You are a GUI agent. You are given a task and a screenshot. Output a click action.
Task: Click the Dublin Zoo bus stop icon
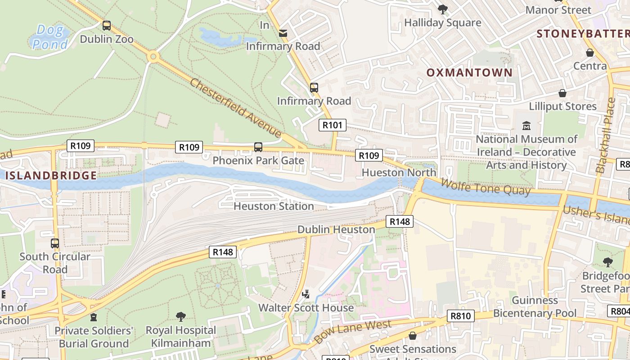pyautogui.click(x=107, y=25)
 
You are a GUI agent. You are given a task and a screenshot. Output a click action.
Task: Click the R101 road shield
pyautogui.click(x=333, y=125)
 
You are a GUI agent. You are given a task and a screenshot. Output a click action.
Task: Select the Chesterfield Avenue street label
pyautogui.click(x=235, y=108)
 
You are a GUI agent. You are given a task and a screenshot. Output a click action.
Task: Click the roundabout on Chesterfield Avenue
pyautogui.click(x=153, y=57)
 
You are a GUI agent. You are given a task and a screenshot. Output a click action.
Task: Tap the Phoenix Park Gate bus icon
pyautogui.click(x=258, y=147)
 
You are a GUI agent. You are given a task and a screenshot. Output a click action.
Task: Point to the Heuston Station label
pyautogui.click(x=274, y=206)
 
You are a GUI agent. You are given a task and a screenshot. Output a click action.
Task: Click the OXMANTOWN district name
pyautogui.click(x=469, y=72)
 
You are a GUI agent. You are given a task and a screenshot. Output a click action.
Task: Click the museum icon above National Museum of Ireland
pyautogui.click(x=526, y=126)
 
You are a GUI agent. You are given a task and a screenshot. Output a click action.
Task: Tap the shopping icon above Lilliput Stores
pyautogui.click(x=562, y=93)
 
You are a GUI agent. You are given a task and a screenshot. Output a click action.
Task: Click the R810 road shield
pyautogui.click(x=461, y=316)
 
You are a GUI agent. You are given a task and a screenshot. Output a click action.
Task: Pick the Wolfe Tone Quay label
pyautogui.click(x=486, y=187)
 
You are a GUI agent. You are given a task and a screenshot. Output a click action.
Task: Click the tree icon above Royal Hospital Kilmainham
pyautogui.click(x=181, y=317)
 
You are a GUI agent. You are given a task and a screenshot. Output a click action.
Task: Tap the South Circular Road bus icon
pyautogui.click(x=55, y=243)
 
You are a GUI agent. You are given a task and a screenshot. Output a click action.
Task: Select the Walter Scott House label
pyautogui.click(x=306, y=308)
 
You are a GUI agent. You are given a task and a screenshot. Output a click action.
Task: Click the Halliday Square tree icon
pyautogui.click(x=443, y=9)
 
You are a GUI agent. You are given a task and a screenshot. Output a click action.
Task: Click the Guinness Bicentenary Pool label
pyautogui.click(x=535, y=306)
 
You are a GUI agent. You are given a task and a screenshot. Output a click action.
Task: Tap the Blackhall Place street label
pyautogui.click(x=605, y=135)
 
